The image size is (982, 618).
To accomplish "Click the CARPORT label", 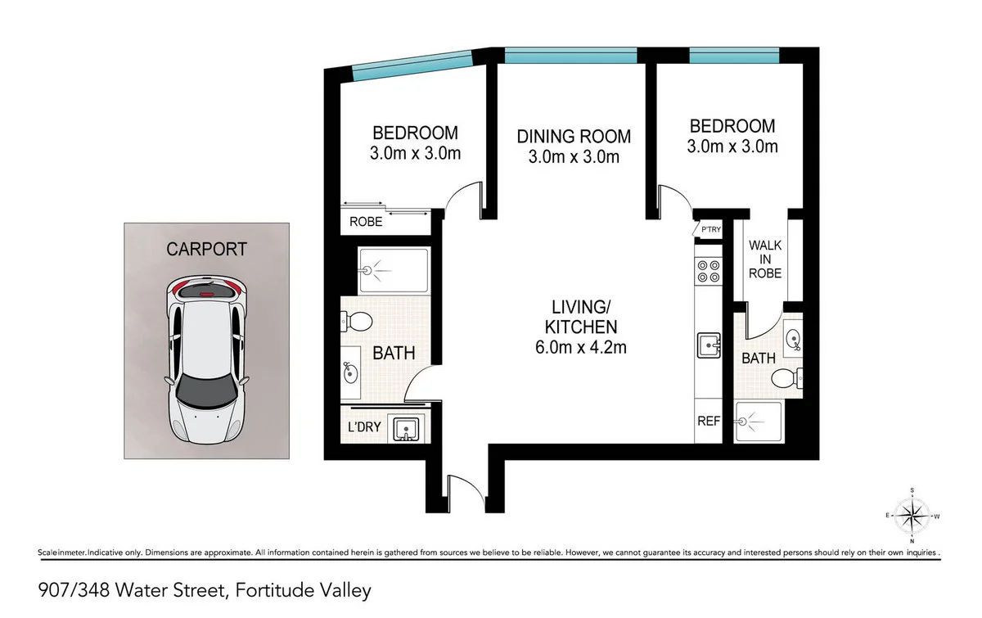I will pos(206,249).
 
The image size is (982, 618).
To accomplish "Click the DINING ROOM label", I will pos(574,137).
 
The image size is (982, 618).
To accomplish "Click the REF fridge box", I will pos(708,422).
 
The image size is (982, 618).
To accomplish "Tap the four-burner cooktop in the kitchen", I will pos(706,271).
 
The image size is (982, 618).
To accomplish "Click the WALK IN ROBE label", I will pos(765,258).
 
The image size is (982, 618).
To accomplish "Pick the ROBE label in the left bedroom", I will pos(365,221).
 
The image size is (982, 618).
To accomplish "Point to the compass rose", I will pos(912,517).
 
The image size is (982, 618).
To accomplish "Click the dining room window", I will pos(570,55).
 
